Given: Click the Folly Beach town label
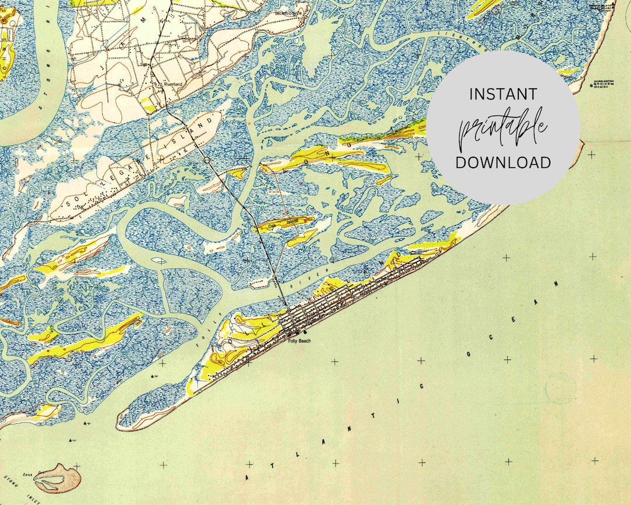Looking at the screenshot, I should (x=299, y=341).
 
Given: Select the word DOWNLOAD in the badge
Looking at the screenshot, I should (x=503, y=162).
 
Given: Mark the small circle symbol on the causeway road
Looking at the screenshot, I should (x=207, y=160).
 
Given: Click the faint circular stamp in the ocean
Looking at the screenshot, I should (x=560, y=389).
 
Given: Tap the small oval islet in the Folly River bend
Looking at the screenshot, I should (x=158, y=261).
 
